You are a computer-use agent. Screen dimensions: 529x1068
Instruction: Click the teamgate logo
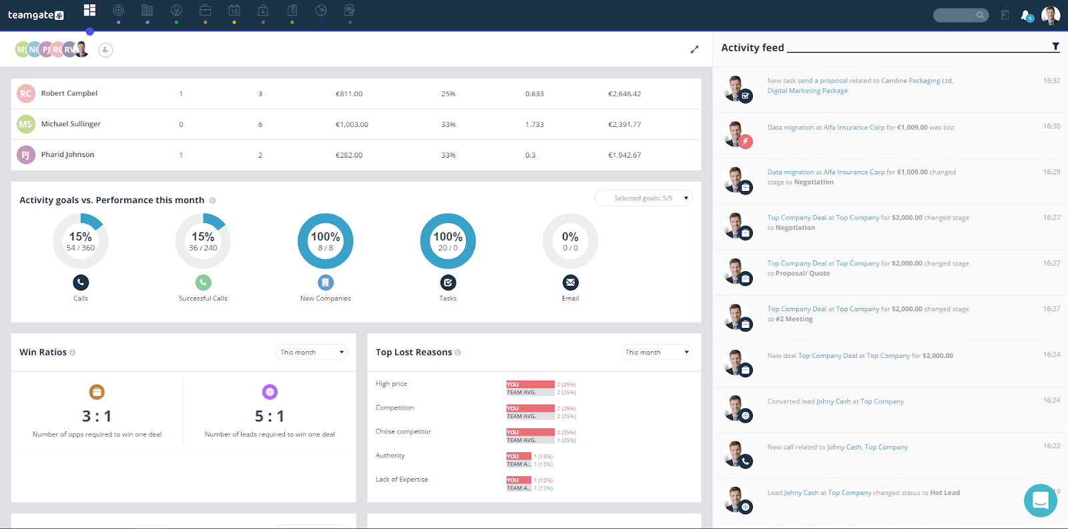[x=36, y=15]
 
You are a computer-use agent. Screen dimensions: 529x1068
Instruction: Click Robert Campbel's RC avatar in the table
[x=25, y=94]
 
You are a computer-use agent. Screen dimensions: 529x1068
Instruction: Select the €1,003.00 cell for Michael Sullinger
[x=352, y=124]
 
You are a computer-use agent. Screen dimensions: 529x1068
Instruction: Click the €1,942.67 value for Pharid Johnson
[x=624, y=155]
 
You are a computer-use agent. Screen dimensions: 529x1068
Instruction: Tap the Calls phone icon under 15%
[x=81, y=283]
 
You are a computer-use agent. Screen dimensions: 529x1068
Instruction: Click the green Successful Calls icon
[x=203, y=283]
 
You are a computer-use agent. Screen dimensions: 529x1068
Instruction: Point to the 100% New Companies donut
[x=325, y=241]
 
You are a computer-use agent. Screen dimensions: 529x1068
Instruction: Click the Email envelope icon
[x=570, y=283]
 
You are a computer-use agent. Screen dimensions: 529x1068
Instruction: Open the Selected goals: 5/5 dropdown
[x=643, y=198]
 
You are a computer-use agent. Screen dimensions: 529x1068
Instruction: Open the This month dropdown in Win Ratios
[x=312, y=352]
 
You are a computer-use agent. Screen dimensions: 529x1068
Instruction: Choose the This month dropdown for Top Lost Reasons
[x=657, y=352]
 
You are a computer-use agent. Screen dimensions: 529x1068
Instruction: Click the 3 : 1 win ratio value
[x=97, y=416]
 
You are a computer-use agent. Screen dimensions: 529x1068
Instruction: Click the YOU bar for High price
[x=530, y=384]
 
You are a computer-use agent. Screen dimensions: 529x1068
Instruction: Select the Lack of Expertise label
[x=402, y=480]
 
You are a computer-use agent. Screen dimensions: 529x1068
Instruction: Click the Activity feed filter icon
[x=1055, y=47]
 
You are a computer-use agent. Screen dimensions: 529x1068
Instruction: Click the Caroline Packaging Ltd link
[x=916, y=81]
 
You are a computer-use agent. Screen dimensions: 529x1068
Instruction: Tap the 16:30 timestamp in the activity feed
[x=1051, y=126]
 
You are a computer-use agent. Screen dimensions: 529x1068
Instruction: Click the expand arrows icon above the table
[x=694, y=49]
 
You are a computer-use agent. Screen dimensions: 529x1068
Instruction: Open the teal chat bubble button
[x=1040, y=500]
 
